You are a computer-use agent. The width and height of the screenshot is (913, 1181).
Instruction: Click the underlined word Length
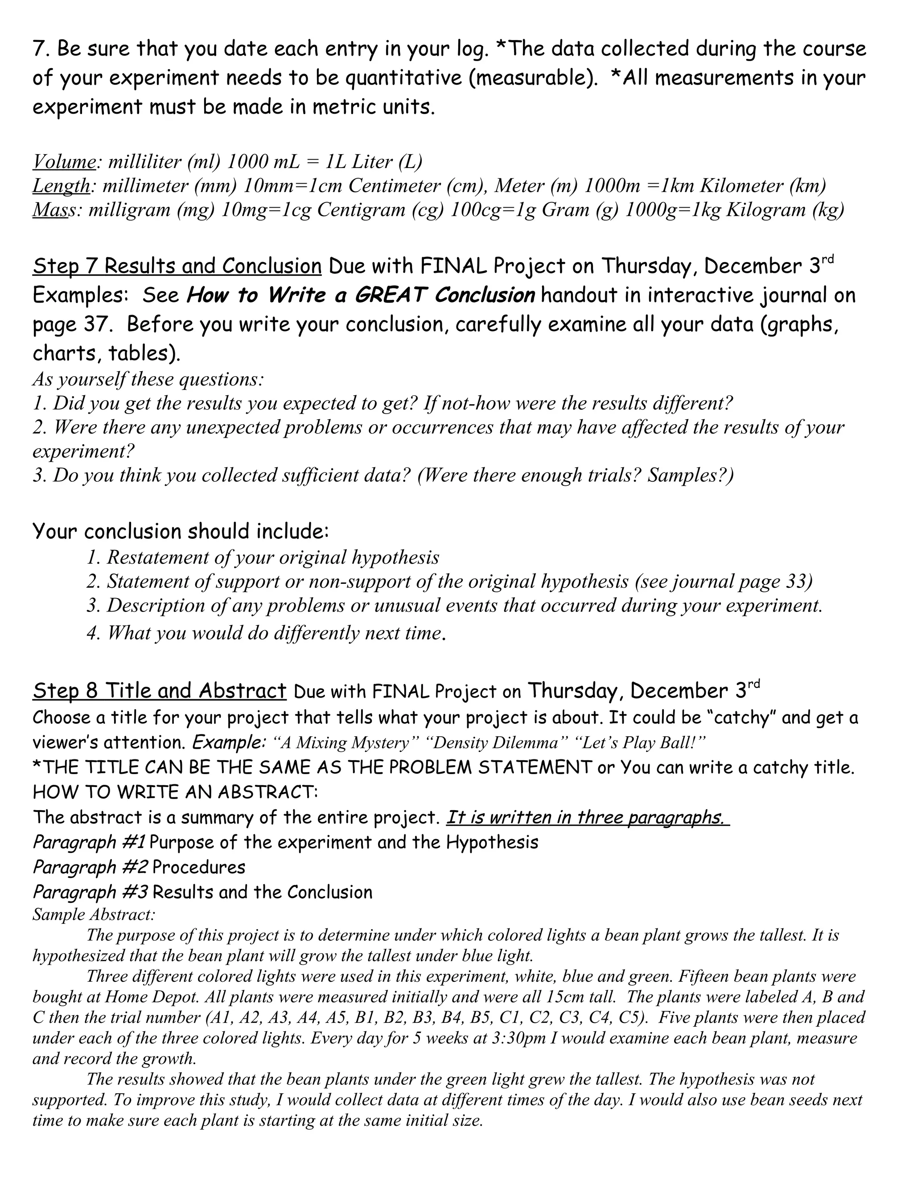[61, 185]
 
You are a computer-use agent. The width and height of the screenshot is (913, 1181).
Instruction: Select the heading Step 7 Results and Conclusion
[177, 266]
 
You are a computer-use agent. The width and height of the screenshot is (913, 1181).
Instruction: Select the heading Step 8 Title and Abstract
[159, 691]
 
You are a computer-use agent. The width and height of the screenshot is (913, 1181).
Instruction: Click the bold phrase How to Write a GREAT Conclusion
[360, 295]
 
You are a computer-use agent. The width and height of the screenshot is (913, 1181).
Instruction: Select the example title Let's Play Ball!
[644, 742]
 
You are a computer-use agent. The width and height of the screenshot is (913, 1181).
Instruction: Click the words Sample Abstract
[94, 914]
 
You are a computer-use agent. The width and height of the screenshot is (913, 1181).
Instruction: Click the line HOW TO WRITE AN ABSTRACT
[175, 793]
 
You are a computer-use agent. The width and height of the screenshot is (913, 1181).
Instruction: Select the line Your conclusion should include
[181, 532]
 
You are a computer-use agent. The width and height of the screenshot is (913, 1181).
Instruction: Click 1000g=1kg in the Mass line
[672, 209]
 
